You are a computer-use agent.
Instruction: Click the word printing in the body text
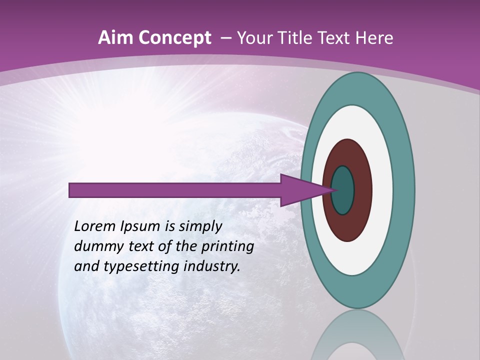click(x=227, y=246)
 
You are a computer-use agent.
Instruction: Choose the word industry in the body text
click(x=212, y=266)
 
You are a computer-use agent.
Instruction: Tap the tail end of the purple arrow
click(x=72, y=190)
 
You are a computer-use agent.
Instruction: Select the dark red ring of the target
click(x=362, y=190)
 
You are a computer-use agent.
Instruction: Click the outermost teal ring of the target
click(x=405, y=190)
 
